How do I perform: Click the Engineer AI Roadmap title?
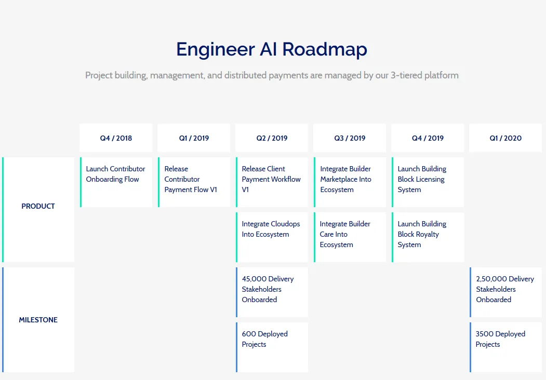click(x=272, y=49)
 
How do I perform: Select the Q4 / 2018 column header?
click(x=116, y=138)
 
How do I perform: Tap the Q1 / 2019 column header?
click(x=194, y=138)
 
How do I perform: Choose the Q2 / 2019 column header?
click(x=272, y=138)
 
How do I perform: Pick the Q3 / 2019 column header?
click(x=350, y=138)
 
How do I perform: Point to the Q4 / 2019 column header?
click(x=428, y=138)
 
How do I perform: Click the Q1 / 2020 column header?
click(x=505, y=138)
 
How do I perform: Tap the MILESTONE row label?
click(x=38, y=320)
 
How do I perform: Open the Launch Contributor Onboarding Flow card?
click(x=116, y=182)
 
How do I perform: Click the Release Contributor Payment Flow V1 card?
click(x=194, y=182)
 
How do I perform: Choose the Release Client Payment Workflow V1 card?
click(x=272, y=182)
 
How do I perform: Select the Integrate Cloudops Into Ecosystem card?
click(x=272, y=237)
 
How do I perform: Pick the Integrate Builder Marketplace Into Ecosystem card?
click(x=350, y=182)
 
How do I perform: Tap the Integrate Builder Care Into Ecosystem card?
click(x=350, y=237)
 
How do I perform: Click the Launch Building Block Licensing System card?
click(x=428, y=182)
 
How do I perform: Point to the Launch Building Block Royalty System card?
click(x=428, y=237)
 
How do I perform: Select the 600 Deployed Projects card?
click(x=272, y=347)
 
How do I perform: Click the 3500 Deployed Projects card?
click(x=505, y=347)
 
